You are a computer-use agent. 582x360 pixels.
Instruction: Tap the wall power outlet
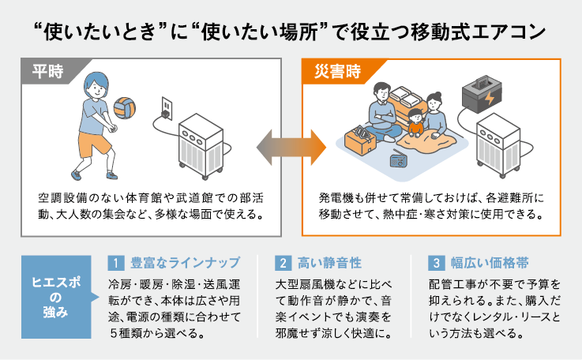[x=166, y=106]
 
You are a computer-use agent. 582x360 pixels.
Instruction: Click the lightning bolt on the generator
[x=491, y=101]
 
